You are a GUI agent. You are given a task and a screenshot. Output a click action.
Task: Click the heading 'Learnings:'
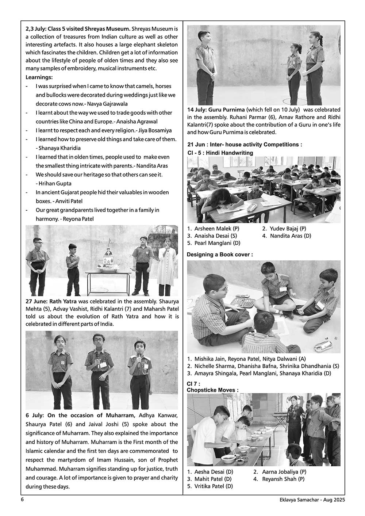click(x=39, y=77)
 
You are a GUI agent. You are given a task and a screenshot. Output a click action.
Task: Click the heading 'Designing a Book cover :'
click(x=220, y=255)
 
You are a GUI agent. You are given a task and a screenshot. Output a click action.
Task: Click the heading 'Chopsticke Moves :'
click(x=212, y=390)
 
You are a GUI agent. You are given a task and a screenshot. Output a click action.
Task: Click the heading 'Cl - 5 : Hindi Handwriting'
click(x=220, y=153)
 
